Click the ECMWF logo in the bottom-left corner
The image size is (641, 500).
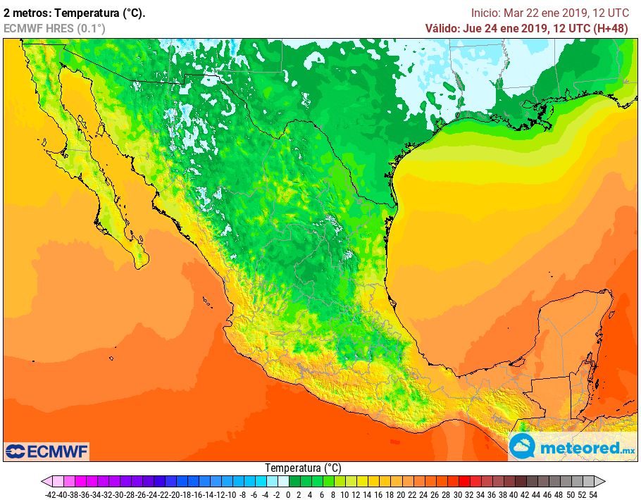pyautogui.click(x=46, y=451)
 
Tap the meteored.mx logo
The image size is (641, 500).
pyautogui.click(x=572, y=447)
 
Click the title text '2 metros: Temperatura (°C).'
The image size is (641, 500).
pyautogui.click(x=75, y=13)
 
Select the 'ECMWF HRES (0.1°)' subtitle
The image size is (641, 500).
pyautogui.click(x=54, y=28)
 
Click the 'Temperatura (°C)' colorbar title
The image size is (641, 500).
pyautogui.click(x=303, y=468)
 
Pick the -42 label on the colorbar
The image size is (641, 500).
pyautogui.click(x=50, y=494)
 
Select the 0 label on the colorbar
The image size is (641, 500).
pyautogui.click(x=289, y=494)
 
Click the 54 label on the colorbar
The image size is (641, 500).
pyautogui.click(x=593, y=494)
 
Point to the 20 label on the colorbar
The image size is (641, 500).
pyautogui.click(x=402, y=494)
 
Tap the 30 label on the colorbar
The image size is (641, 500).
pyautogui.click(x=458, y=494)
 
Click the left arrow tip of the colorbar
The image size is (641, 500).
pyautogui.click(x=44, y=482)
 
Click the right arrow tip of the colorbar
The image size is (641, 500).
pyautogui.click(x=604, y=482)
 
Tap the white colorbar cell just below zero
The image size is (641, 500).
pyautogui.click(x=283, y=482)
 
